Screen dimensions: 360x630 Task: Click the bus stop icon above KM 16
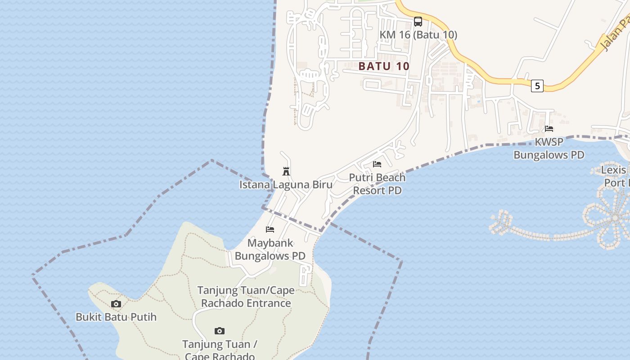418,21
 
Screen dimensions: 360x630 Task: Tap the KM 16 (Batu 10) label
418,35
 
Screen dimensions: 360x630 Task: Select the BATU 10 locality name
384,66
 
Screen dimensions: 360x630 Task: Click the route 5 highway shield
537,85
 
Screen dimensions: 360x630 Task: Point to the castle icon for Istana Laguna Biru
286,171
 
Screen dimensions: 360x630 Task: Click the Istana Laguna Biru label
286,184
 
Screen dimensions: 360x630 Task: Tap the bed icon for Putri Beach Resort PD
377,164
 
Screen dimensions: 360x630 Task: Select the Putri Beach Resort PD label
377,184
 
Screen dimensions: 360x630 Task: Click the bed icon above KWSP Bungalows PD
549,129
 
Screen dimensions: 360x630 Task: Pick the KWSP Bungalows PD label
549,148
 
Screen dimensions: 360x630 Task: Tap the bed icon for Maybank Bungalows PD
270,229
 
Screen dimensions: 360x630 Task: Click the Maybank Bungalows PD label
270,250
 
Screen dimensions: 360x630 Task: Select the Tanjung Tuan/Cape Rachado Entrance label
246,297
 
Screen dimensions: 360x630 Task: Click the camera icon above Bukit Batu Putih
116,304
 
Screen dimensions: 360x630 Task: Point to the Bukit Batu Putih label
116,317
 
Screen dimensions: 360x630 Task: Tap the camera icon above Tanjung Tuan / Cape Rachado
220,331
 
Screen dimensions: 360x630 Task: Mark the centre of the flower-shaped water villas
615,218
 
